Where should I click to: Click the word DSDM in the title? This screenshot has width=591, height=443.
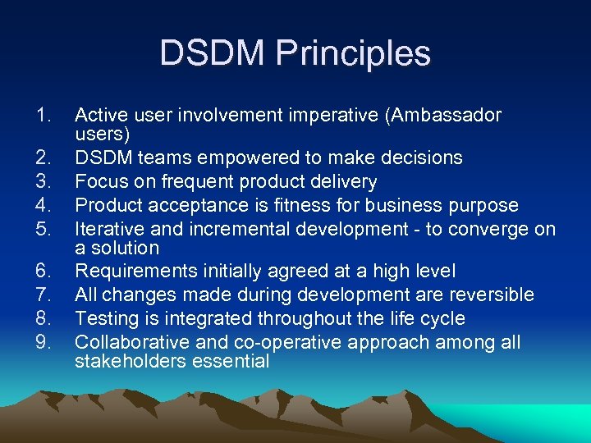tap(212, 53)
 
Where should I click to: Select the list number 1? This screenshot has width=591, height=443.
tap(44, 116)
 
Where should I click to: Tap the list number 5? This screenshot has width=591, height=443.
tap(44, 229)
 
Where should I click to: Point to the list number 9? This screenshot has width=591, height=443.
tap(44, 342)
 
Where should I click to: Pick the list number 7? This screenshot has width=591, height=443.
tap(44, 295)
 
